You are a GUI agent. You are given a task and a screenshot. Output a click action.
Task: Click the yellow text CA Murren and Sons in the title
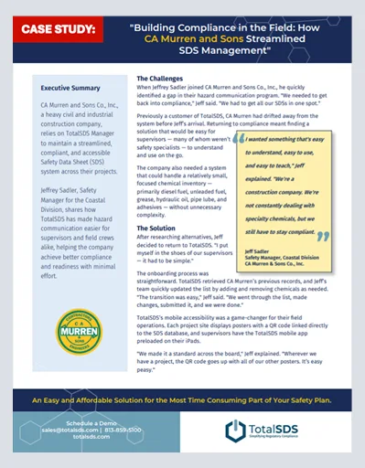click(x=212, y=41)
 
